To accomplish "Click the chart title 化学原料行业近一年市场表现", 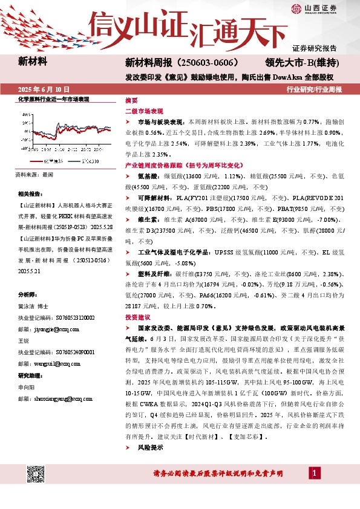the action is click(53, 99).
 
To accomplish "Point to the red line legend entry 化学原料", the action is click(53, 162).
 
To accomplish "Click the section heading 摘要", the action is click(131, 100).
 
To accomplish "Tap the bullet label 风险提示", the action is click(151, 448).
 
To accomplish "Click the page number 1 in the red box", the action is click(315, 472).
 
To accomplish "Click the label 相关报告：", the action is click(31, 193).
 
